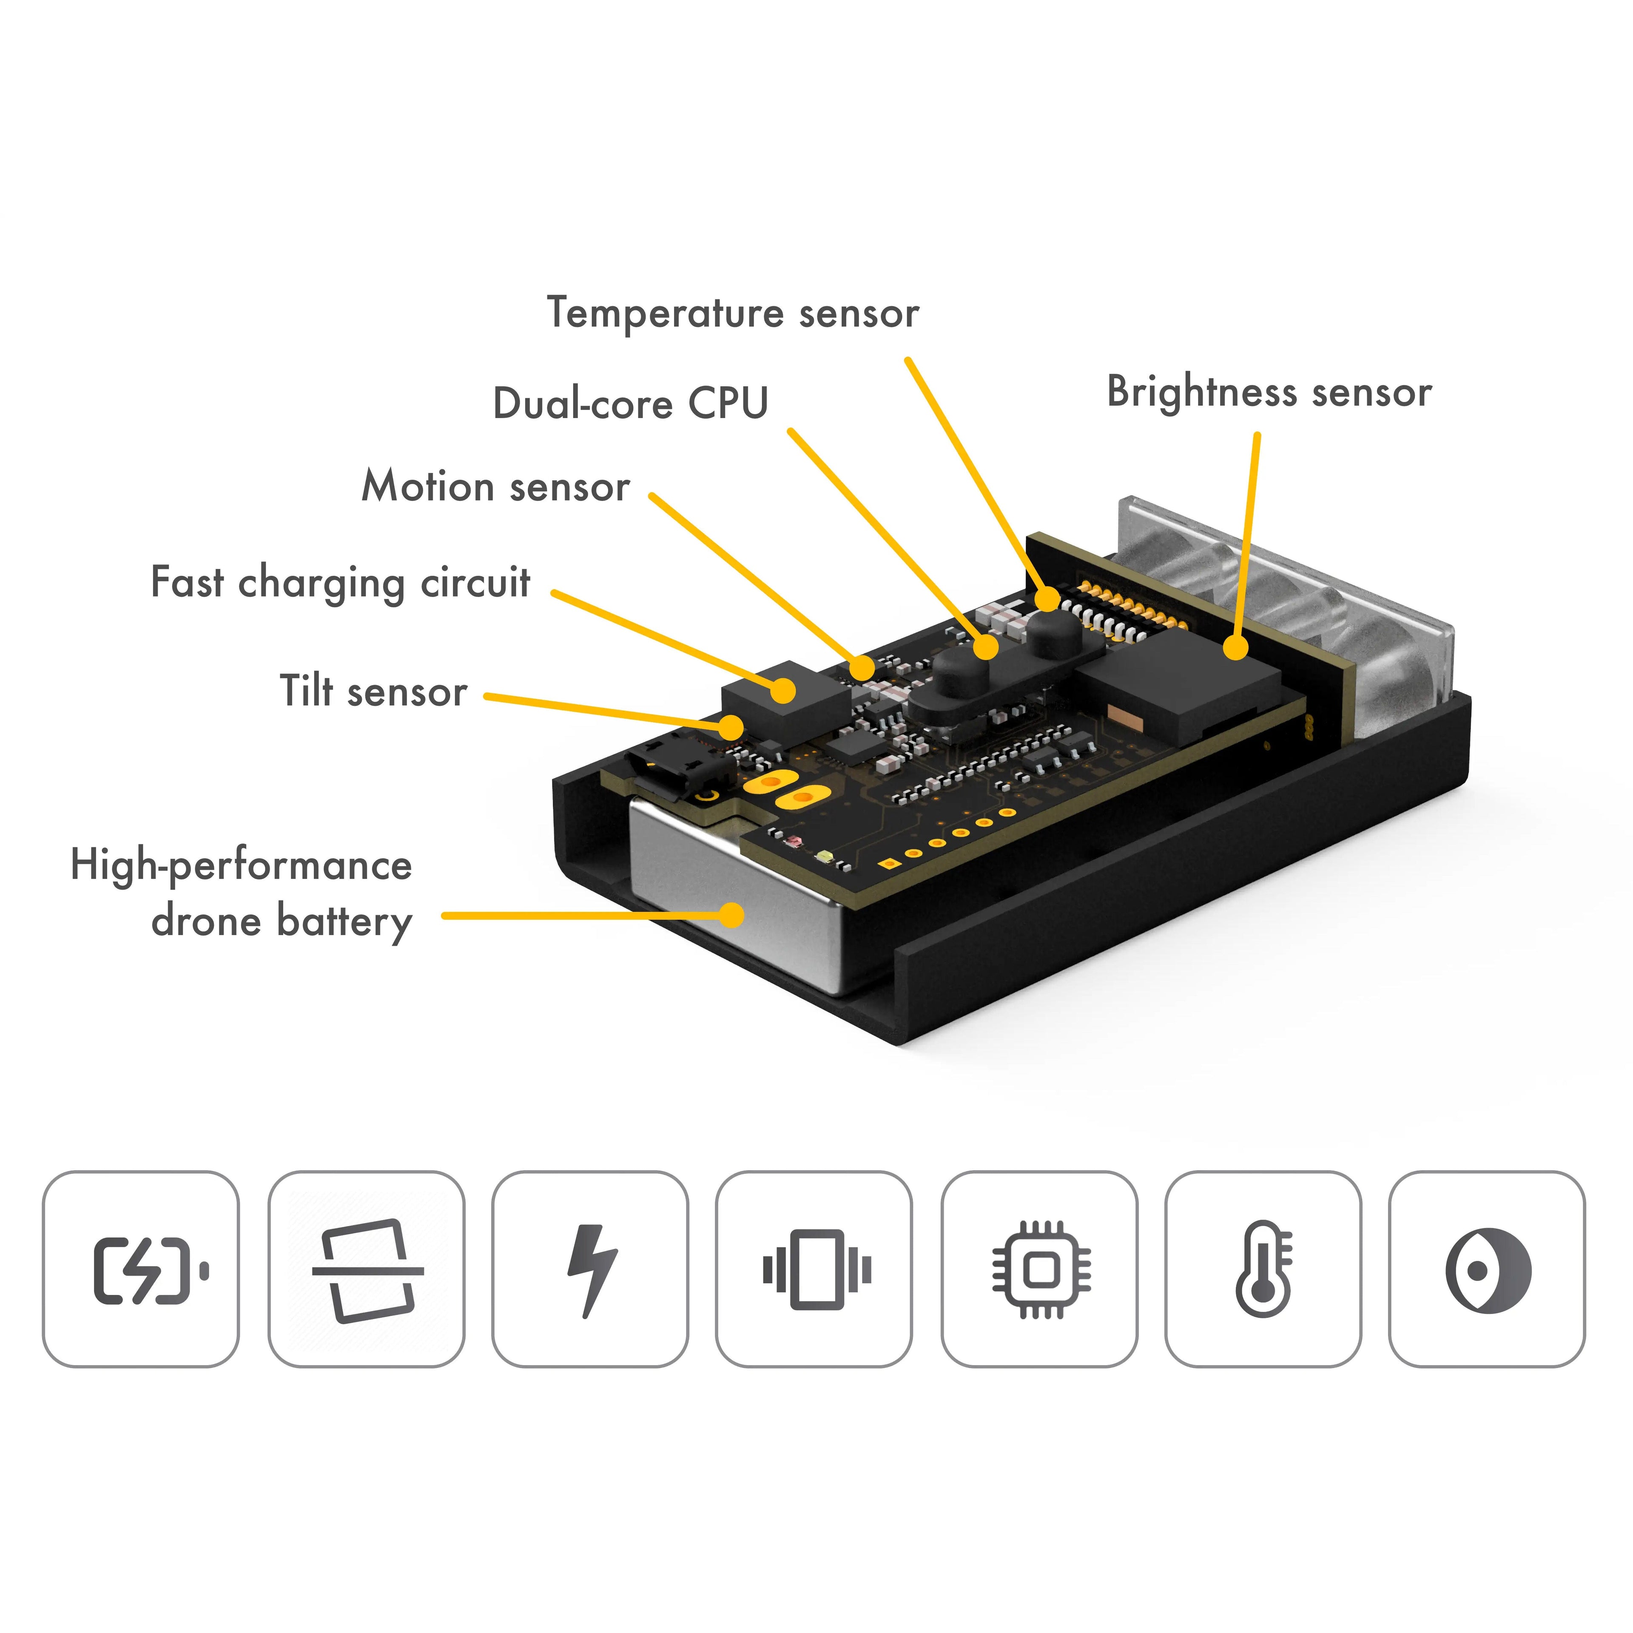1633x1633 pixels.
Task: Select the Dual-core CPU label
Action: coord(631,403)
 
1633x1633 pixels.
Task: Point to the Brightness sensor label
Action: coord(1269,392)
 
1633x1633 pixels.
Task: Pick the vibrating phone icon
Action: coord(816,1269)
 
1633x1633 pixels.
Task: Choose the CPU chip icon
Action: coord(1041,1269)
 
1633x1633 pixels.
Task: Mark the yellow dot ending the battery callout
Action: coord(731,915)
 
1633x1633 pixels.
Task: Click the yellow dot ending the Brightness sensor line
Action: coord(1236,648)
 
